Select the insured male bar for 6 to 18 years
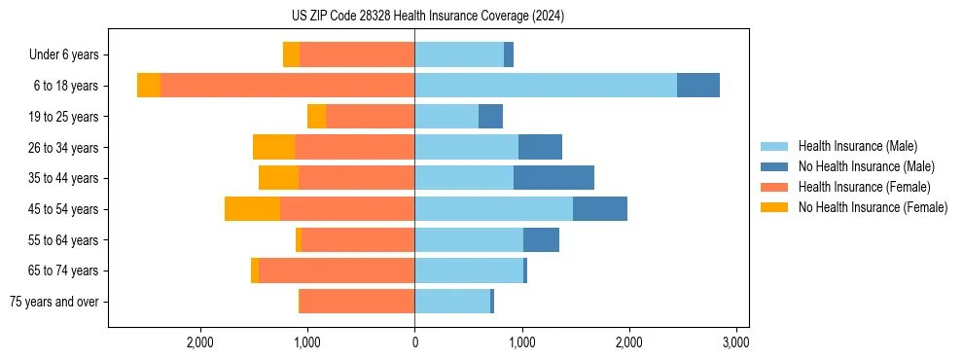(x=545, y=86)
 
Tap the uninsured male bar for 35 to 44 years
(x=553, y=178)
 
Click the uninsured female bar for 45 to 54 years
(x=252, y=209)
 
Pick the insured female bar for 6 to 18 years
(x=287, y=86)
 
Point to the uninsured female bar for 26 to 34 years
(x=273, y=147)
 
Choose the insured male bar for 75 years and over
(x=452, y=302)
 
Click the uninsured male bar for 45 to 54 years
(x=599, y=209)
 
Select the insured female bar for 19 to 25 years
(x=370, y=117)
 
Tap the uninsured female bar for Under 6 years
(x=291, y=54)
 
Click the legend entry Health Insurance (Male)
(x=857, y=146)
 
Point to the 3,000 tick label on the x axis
(x=735, y=342)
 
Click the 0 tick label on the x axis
(x=414, y=342)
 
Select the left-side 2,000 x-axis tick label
(x=200, y=342)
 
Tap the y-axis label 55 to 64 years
(x=64, y=240)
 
